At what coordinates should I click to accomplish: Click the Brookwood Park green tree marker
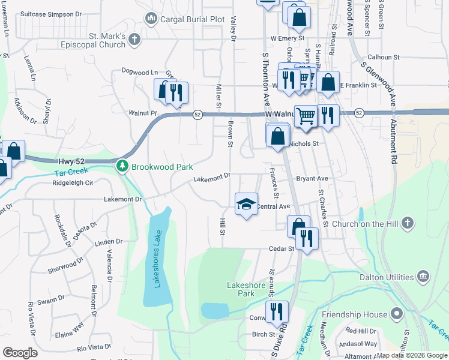(122, 165)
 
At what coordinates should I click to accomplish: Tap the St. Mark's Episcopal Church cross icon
(134, 40)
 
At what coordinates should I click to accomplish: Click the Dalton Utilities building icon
(423, 277)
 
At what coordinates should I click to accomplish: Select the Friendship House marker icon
(396, 313)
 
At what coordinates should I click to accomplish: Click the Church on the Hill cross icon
(408, 224)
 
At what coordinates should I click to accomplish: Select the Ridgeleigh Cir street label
(73, 182)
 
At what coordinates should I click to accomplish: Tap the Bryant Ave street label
(312, 178)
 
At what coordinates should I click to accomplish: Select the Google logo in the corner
(20, 352)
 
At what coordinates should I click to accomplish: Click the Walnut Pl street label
(142, 112)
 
